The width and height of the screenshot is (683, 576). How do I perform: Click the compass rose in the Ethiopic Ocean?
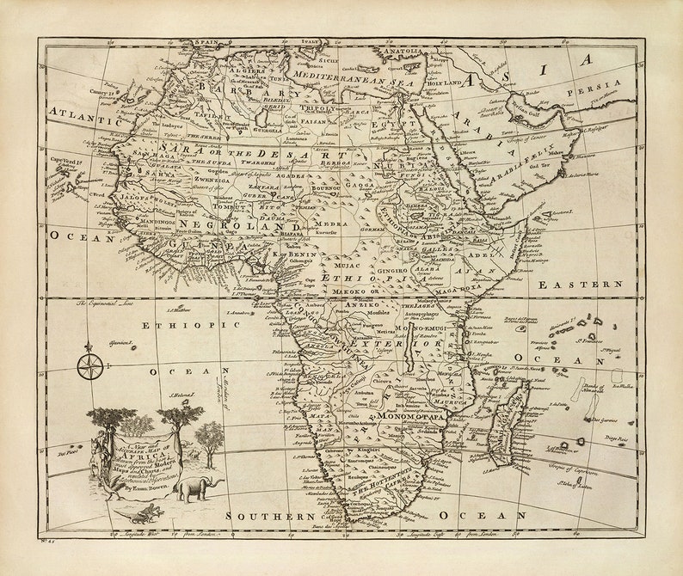[89, 365]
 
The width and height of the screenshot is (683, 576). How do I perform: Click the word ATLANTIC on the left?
[80, 112]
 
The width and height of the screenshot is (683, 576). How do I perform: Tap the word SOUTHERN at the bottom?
[270, 516]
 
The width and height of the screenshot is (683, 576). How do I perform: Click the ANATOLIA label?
[401, 51]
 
